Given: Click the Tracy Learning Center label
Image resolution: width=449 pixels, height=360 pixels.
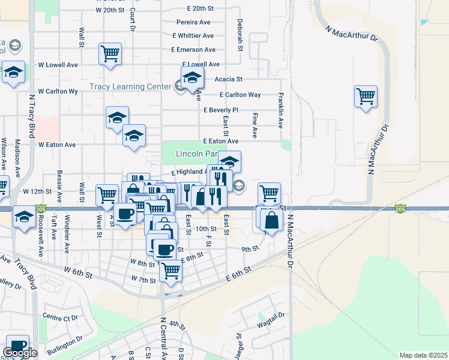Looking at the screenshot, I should coord(130,86).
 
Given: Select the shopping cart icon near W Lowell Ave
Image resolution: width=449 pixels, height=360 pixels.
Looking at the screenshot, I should coord(110,54).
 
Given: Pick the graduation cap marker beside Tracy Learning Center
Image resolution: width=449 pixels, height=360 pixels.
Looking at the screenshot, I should coord(192,79).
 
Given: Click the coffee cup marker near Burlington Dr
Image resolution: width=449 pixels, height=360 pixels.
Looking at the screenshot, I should coord(17,347).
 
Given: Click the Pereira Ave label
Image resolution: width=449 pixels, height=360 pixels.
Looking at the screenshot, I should coord(193,22).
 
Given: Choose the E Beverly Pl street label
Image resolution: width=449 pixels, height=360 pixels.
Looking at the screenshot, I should coord(221,110).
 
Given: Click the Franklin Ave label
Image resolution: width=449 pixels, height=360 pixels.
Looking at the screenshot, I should coord(280,110).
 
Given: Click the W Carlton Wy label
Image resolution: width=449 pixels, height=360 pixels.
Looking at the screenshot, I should coord(58,92).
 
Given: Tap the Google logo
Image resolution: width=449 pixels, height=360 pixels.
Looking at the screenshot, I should coord(20,353).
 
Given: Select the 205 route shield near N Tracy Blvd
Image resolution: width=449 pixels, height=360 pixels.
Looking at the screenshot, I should coord(41,209).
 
